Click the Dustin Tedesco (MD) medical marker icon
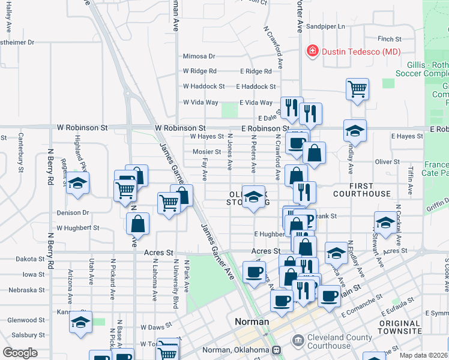pyautogui.click(x=312, y=52)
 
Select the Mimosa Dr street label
pyautogui.click(x=199, y=56)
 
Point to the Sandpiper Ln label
pyautogui.click(x=326, y=26)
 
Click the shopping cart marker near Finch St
pyautogui.click(x=357, y=89)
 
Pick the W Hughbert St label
pyautogui.click(x=78, y=228)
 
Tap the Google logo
pyautogui.click(x=20, y=353)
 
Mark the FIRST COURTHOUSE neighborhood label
pyautogui.click(x=361, y=190)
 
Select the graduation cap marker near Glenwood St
pyautogui.click(x=80, y=322)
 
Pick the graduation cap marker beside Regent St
pyautogui.click(x=77, y=183)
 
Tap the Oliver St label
pyautogui.click(x=387, y=162)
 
